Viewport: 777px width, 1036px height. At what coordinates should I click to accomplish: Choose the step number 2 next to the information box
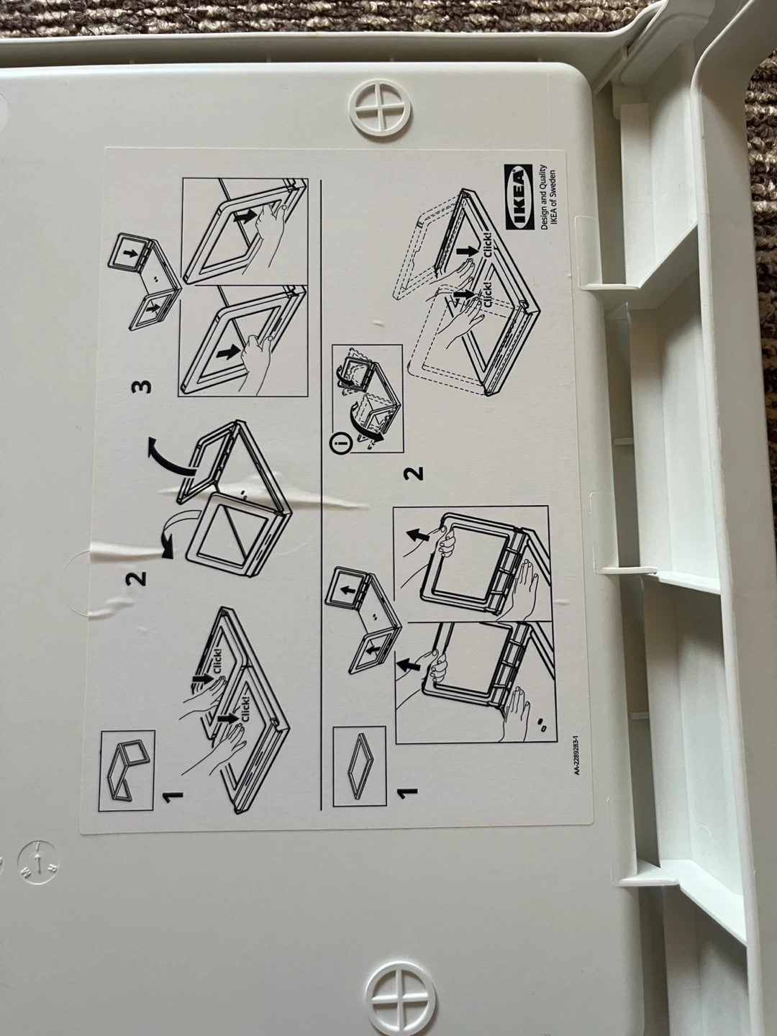(414, 473)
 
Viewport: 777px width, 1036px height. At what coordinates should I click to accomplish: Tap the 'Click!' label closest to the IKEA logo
(487, 243)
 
